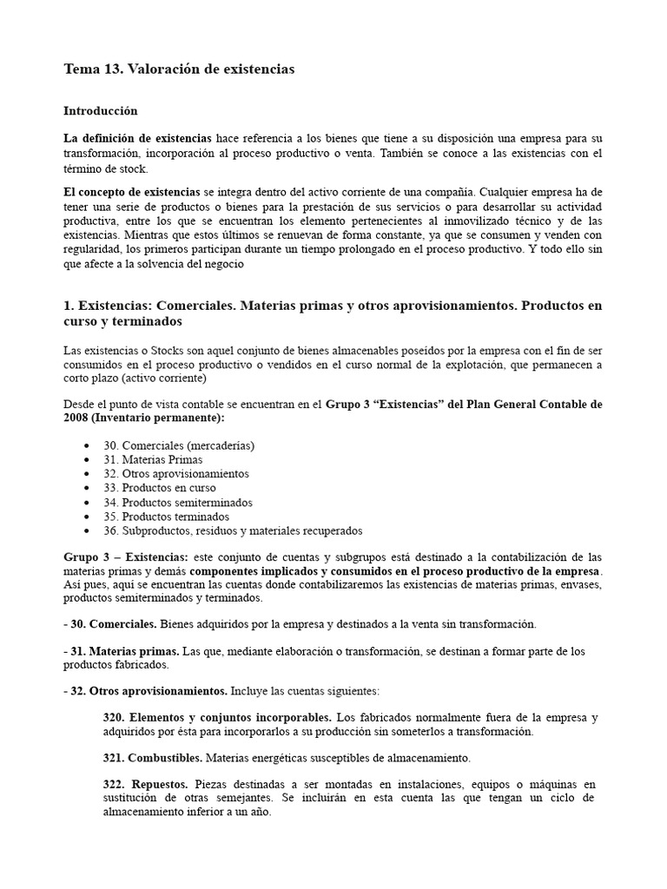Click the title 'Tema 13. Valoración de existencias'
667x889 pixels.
pyautogui.click(x=179, y=69)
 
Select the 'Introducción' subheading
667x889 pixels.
pyautogui.click(x=101, y=111)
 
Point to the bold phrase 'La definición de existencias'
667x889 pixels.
pyautogui.click(x=137, y=138)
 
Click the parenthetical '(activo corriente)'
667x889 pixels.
pyautogui.click(x=151, y=379)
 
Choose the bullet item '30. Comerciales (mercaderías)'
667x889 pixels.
pyautogui.click(x=178, y=445)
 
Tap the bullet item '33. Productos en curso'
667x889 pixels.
pyautogui.click(x=159, y=488)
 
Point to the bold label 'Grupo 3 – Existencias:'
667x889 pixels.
pyautogui.click(x=125, y=556)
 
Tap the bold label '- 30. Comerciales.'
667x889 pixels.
pyautogui.click(x=110, y=624)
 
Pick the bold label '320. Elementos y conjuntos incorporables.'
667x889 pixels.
pyautogui.click(x=217, y=718)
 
